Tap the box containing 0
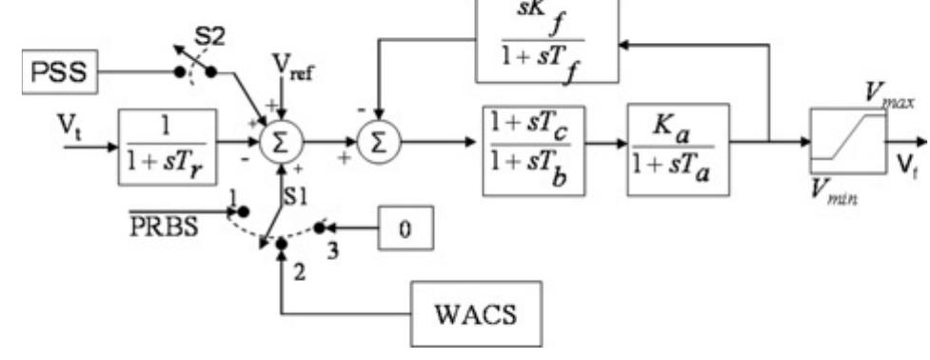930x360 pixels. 406,230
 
